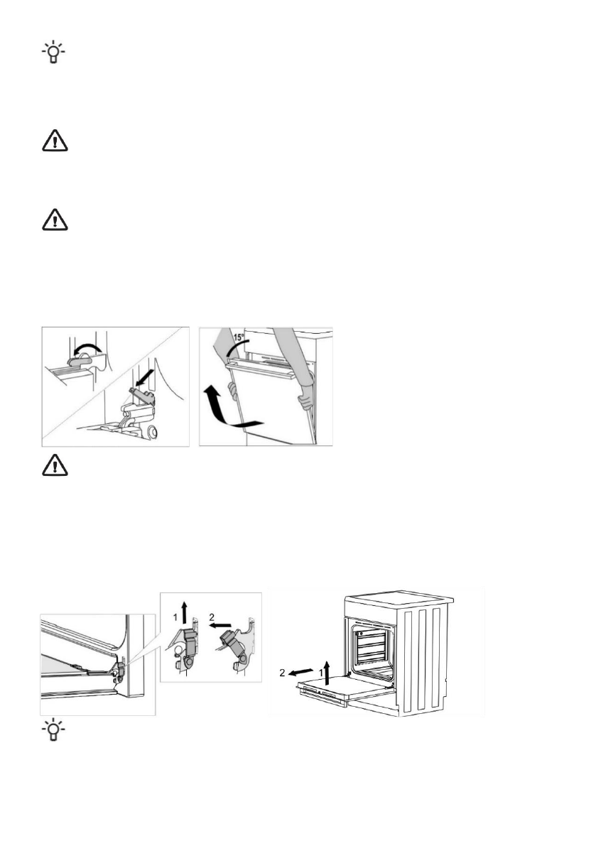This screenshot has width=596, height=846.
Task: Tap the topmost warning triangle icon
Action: pyautogui.click(x=52, y=142)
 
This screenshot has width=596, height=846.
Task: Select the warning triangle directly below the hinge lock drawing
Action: pyautogui.click(x=52, y=464)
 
